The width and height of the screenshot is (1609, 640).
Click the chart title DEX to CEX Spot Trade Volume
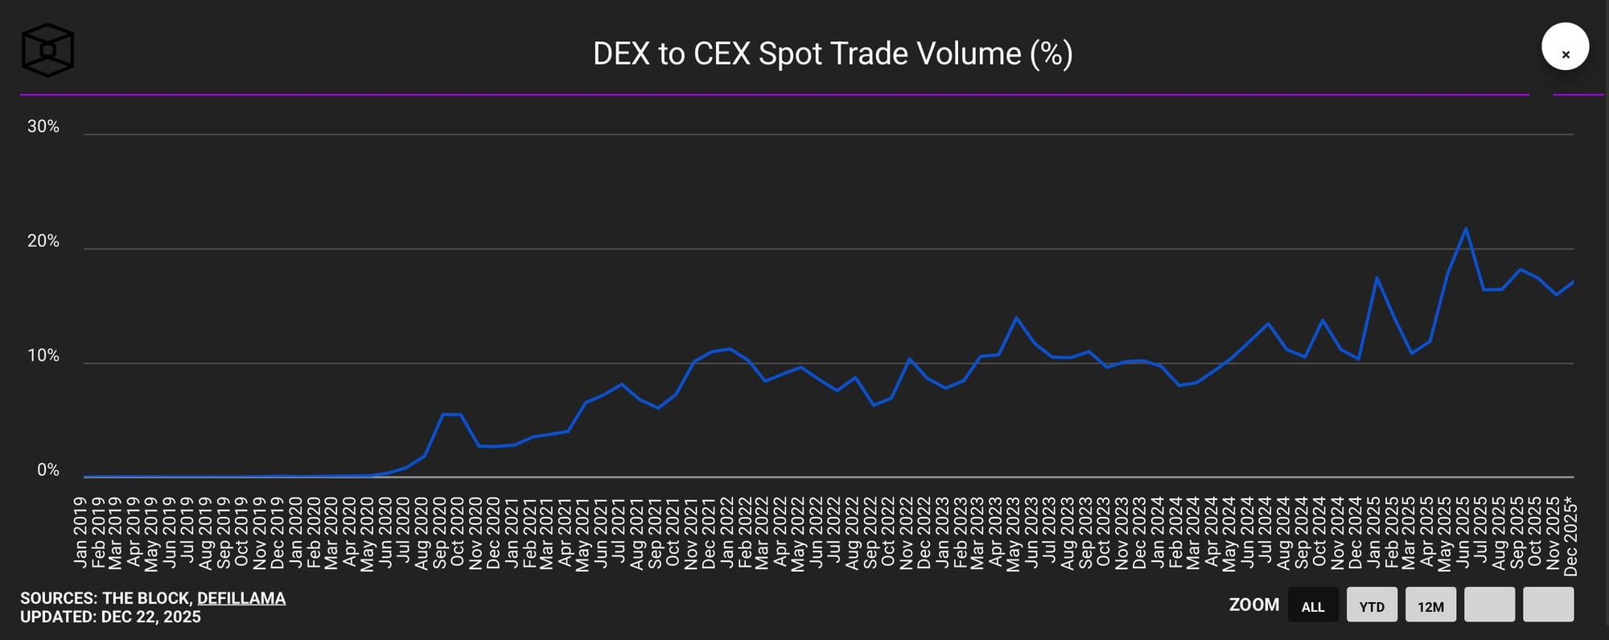coord(833,54)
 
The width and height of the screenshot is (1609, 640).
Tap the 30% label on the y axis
coord(43,126)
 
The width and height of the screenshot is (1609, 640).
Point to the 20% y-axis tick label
coord(43,242)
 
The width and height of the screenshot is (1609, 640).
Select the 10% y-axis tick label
coord(43,356)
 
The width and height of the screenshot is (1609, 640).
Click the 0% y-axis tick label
coord(48,470)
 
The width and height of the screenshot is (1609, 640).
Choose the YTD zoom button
coord(1372,605)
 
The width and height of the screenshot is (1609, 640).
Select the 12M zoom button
coord(1430,605)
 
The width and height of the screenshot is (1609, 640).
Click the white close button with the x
coord(1565,47)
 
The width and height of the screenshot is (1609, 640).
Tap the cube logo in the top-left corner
coord(47,50)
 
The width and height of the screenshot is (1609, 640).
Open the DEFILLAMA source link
coord(241,598)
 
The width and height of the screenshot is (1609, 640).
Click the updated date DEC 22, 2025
coord(151,617)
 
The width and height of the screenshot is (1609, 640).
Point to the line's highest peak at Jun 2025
coord(1466,229)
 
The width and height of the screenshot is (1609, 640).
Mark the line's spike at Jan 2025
coord(1376,278)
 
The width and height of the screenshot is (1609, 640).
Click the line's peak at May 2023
coord(1016,317)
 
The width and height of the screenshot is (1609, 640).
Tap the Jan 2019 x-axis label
coord(80,532)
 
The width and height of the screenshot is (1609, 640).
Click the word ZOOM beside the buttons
coord(1253,605)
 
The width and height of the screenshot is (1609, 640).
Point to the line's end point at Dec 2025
coord(1573,282)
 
